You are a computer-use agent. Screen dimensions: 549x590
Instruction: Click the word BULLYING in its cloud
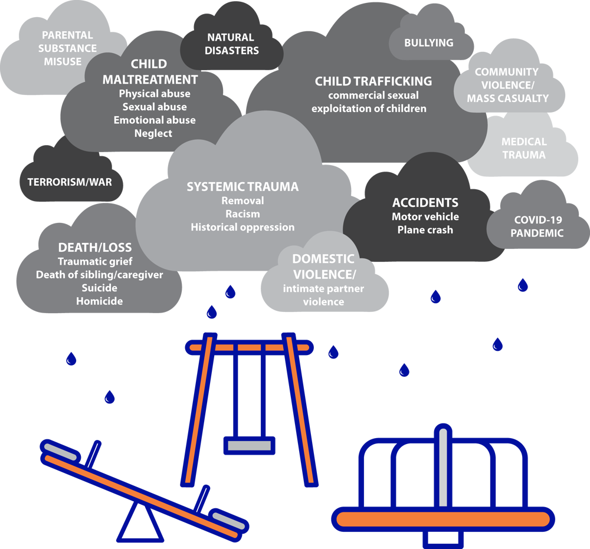428,42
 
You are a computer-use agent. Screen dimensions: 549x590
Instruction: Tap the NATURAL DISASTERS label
231,44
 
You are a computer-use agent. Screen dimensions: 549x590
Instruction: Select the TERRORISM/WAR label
69,182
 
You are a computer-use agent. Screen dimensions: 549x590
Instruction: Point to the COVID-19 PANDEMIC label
537,226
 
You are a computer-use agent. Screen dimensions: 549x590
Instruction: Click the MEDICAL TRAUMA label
524,148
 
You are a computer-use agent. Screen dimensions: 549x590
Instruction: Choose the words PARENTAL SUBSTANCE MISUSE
67,48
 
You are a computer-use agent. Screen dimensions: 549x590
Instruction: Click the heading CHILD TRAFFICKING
373,81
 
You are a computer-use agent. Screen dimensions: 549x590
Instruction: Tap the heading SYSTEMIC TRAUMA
242,187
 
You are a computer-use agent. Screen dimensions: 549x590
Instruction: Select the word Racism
242,213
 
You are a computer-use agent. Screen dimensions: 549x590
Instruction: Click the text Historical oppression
242,227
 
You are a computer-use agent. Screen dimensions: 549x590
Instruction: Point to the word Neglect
153,133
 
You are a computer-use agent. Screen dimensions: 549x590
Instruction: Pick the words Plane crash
425,230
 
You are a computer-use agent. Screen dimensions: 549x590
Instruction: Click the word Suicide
99,288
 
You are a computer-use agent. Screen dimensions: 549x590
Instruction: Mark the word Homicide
99,301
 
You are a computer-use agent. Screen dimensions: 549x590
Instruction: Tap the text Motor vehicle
425,216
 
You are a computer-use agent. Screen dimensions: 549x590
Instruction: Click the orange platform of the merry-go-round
442,518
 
